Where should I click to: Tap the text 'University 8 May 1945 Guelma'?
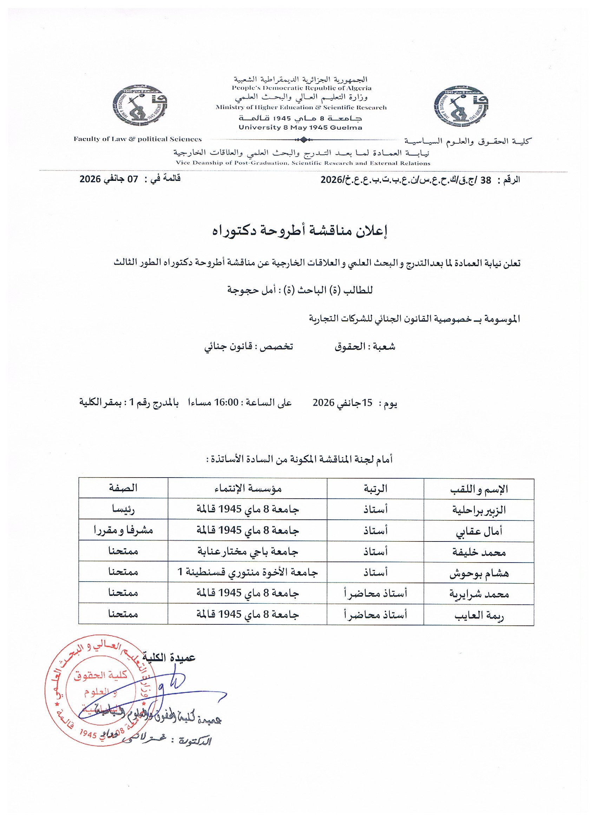click(300, 127)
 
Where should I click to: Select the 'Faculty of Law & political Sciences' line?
click(138, 139)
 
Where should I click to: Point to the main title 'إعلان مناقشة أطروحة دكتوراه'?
click(300, 231)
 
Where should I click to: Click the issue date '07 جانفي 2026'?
click(109, 179)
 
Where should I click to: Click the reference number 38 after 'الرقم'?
click(485, 180)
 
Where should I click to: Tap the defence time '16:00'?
click(226, 402)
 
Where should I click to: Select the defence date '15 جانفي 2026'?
click(342, 402)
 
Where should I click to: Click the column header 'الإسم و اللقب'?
click(479, 490)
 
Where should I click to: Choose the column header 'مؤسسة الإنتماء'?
click(248, 489)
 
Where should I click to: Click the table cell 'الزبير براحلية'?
click(479, 510)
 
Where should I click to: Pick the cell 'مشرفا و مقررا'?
click(123, 530)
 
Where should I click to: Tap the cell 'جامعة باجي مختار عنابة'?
click(248, 551)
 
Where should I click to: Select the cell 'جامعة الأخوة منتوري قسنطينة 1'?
click(248, 572)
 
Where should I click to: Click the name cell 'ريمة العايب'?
click(479, 615)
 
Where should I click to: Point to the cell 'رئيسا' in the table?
click(123, 509)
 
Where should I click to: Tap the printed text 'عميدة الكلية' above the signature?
click(169, 657)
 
